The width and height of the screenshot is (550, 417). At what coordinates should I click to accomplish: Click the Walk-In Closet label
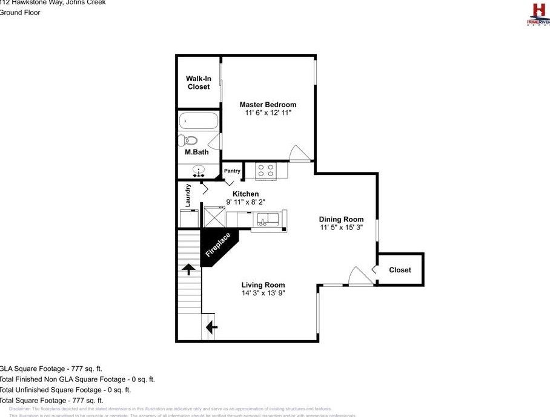[199, 83]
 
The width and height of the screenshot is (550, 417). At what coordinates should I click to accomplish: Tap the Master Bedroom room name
[268, 105]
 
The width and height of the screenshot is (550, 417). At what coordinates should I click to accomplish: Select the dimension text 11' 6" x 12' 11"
[268, 113]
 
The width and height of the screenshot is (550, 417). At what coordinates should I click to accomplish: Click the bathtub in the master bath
[198, 121]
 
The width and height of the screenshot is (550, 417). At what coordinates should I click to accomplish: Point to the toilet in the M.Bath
[188, 140]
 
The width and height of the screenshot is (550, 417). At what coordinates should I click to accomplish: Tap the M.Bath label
[197, 153]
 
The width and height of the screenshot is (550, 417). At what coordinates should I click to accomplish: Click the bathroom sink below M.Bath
[199, 171]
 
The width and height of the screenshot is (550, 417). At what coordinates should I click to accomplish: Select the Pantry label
[232, 171]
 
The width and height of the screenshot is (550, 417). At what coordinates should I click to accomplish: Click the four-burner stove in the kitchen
[265, 170]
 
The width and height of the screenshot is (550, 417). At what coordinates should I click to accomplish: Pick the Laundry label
[188, 195]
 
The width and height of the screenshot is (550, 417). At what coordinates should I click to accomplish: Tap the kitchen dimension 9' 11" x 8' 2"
[245, 202]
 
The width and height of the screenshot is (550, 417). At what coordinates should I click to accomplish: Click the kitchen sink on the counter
[267, 218]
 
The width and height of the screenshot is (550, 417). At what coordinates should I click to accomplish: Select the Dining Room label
[342, 220]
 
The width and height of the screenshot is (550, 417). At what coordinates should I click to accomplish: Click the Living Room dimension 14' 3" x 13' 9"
[263, 294]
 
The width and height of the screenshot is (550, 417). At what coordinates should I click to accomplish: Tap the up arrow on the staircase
[189, 269]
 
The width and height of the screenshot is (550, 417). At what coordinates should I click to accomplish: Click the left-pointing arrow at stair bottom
[211, 327]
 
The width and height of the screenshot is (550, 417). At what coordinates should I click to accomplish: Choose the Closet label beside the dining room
[400, 270]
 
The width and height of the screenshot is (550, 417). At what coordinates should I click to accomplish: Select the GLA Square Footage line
[51, 368]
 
